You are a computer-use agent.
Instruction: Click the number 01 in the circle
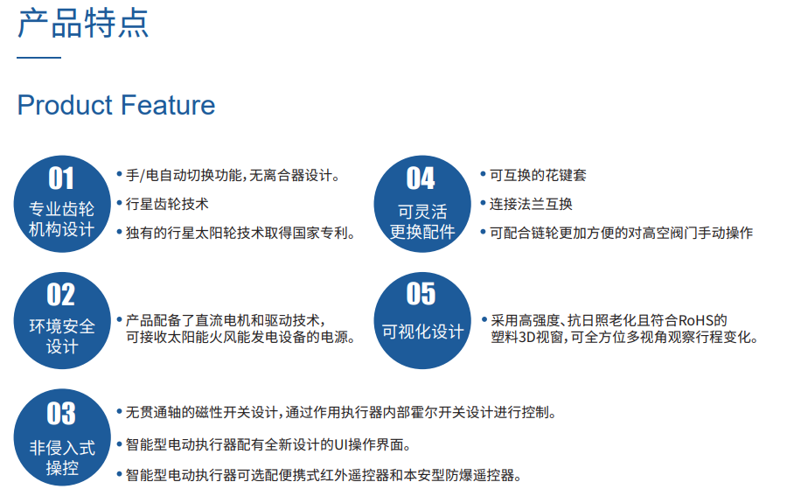click(x=61, y=178)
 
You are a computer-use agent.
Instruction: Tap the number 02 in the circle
click(x=61, y=295)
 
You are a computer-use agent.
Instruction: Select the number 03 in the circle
click(x=61, y=414)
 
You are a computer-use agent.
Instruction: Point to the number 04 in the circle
click(x=421, y=178)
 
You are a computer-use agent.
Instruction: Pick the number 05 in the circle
click(x=421, y=294)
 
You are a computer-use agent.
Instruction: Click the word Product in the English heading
click(x=65, y=105)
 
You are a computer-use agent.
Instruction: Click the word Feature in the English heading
click(x=168, y=105)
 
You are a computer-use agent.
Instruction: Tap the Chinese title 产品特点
click(x=84, y=23)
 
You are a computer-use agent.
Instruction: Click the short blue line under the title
click(x=39, y=58)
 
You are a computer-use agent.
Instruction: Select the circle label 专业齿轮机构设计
click(x=62, y=219)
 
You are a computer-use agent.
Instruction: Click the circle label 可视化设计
click(x=423, y=332)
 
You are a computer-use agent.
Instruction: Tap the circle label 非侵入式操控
click(x=62, y=458)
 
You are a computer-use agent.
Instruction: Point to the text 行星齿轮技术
click(x=167, y=204)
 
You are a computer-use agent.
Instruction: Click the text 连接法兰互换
click(x=531, y=204)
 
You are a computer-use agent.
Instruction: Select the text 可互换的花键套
click(x=538, y=175)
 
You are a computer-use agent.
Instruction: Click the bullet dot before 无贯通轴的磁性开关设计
click(x=120, y=411)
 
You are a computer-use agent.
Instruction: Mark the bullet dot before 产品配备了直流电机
click(x=120, y=319)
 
